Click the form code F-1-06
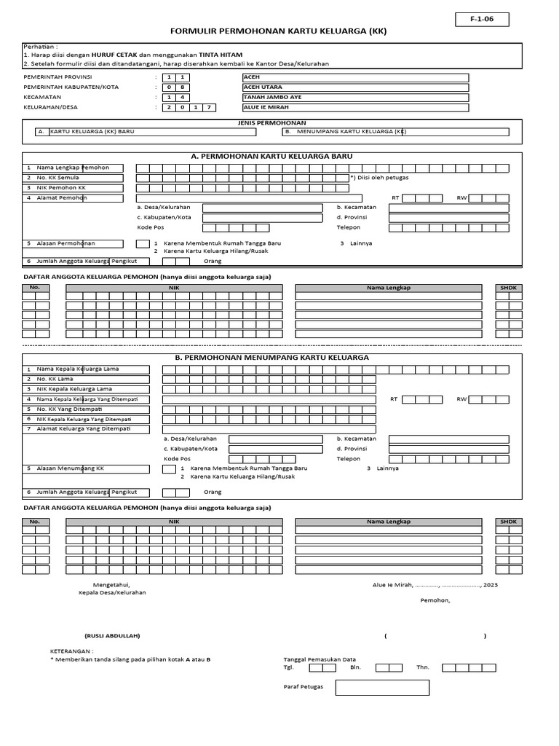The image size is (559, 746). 482,20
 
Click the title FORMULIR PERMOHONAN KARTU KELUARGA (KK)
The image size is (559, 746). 279,32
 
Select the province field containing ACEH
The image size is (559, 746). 355,77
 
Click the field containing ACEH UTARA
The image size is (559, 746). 355,87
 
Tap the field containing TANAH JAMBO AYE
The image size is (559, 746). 355,98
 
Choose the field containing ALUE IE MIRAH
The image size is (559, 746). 355,108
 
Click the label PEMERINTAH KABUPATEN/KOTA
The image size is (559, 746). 71,87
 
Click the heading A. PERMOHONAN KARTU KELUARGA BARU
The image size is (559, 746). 271,157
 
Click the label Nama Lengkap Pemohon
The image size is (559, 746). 73,168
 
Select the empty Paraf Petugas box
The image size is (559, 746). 382,687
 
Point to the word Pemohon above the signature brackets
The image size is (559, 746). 435,600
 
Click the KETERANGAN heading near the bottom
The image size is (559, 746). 71,651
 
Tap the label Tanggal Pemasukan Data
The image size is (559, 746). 320,659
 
